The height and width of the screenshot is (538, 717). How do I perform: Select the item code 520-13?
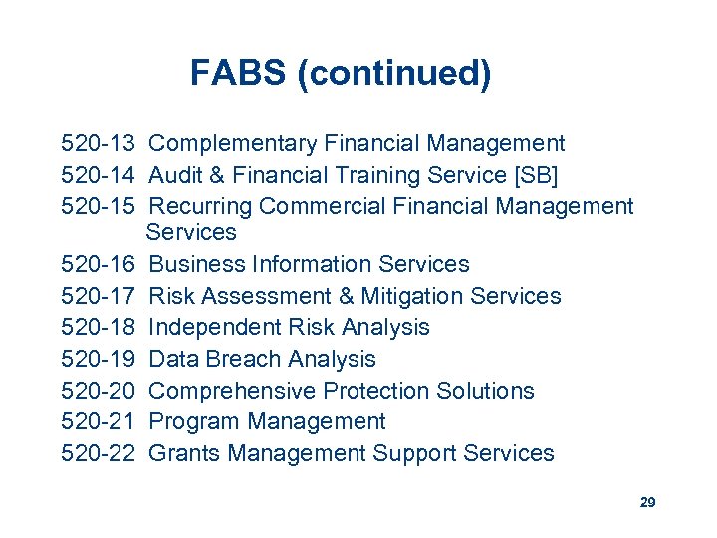[100, 144]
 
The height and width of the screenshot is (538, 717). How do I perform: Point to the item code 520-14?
[100, 176]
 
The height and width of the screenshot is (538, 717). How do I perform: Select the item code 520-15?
[100, 207]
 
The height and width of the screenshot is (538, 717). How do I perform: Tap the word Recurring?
[200, 207]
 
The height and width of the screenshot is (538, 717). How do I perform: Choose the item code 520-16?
[100, 264]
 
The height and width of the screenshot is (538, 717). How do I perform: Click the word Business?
[194, 264]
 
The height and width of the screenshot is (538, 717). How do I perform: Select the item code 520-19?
[100, 359]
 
